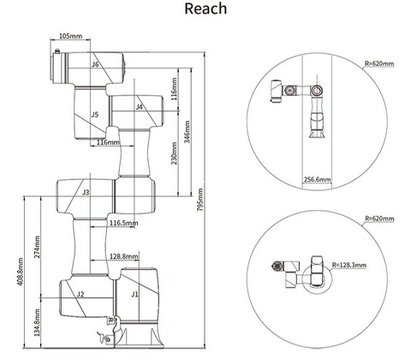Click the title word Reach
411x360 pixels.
tap(205, 9)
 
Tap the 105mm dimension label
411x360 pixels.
tap(70, 36)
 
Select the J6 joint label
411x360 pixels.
tap(95, 64)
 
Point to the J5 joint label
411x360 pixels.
tap(95, 115)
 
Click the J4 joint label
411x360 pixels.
tap(139, 107)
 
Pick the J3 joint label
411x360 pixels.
tap(86, 192)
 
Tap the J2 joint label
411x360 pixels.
tap(80, 294)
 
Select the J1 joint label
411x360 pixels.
tap(134, 294)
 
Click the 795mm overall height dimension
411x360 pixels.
tap(200, 200)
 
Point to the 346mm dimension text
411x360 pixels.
tap(187, 132)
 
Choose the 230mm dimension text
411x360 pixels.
tap(174, 153)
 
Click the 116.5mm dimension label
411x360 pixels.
tap(124, 223)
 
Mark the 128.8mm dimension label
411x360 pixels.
tap(124, 256)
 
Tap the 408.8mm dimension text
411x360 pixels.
tap(20, 273)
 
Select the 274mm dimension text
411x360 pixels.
tap(37, 247)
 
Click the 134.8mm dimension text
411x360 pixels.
tap(37, 322)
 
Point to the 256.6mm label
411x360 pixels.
tap(317, 180)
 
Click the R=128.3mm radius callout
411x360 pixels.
tap(349, 265)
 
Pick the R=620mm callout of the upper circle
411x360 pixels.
tap(379, 63)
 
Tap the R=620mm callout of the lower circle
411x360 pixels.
tap(379, 219)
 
